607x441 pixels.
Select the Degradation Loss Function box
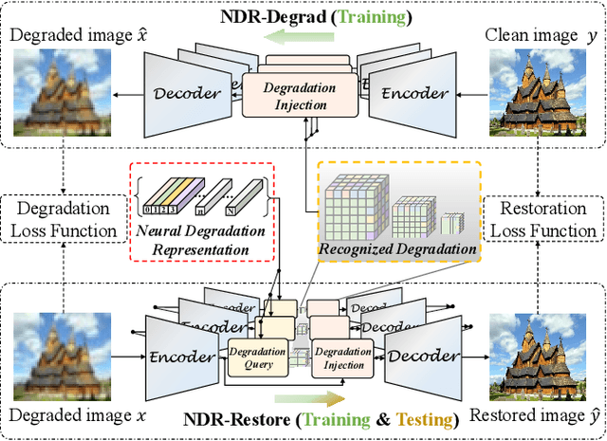pyautogui.click(x=64, y=218)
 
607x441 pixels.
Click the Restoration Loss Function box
pyautogui.click(x=543, y=218)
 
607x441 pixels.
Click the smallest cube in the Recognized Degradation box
pyautogui.click(x=452, y=224)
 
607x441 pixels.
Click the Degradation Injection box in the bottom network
pyautogui.click(x=339, y=356)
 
